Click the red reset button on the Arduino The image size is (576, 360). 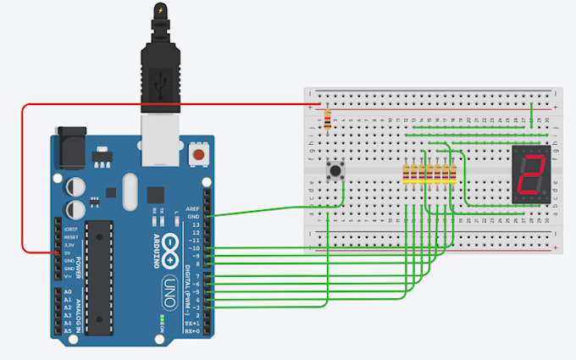[201, 156]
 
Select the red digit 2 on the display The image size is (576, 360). [531, 173]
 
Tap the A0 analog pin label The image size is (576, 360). [67, 292]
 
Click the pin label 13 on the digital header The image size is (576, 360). [195, 224]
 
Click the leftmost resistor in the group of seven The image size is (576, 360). [407, 174]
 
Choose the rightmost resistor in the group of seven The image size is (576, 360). [454, 174]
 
